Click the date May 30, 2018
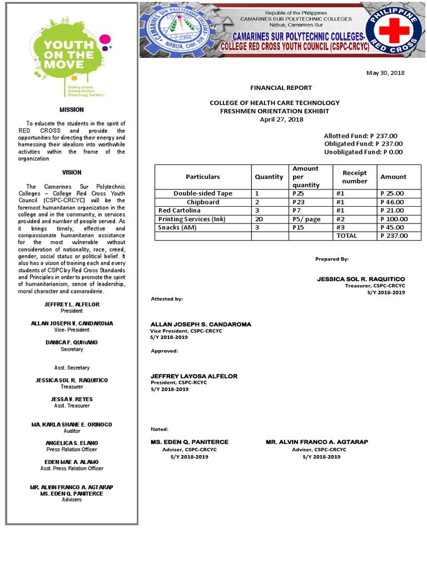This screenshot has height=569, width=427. (x=385, y=73)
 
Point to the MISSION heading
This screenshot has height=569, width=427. (x=72, y=109)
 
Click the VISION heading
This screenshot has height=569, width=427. (x=72, y=173)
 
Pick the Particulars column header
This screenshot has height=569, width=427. (x=203, y=177)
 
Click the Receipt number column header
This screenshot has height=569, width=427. (x=355, y=177)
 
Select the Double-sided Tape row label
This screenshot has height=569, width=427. (x=203, y=193)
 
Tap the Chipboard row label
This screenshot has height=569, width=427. (x=203, y=202)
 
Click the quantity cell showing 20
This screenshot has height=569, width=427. (x=259, y=219)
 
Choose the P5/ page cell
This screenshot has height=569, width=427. (x=306, y=219)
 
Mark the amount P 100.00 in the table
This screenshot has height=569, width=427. (x=394, y=219)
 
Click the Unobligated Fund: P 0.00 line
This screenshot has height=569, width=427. (x=364, y=152)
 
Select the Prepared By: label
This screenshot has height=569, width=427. (x=332, y=259)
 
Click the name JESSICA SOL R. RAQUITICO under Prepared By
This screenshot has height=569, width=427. (x=361, y=279)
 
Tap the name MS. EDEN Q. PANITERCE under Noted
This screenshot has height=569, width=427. (x=190, y=442)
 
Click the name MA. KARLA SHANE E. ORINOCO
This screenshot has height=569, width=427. (x=72, y=425)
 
